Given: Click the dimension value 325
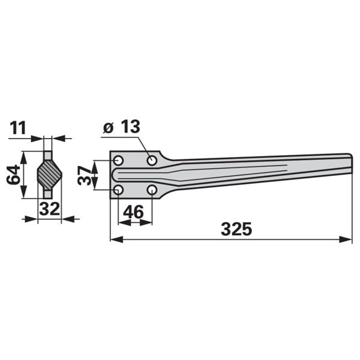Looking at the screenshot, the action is [x=236, y=229].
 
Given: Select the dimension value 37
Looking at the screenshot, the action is [x=84, y=176].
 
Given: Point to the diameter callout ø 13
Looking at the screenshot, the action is [x=121, y=127].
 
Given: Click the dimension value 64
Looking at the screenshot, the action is [x=13, y=174].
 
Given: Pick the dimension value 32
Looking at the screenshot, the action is [x=49, y=209].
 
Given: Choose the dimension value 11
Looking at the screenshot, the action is [x=18, y=128].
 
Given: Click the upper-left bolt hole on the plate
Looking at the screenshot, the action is [x=118, y=160].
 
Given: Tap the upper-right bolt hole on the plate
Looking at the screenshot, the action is [x=152, y=160].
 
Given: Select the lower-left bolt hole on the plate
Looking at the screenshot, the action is [x=118, y=190].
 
